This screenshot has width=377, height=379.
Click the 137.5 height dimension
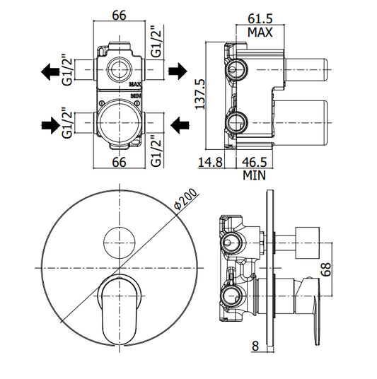(200, 94)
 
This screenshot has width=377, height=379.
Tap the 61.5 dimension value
(260, 18)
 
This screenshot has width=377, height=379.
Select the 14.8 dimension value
(210, 162)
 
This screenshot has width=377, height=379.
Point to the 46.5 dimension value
(255, 162)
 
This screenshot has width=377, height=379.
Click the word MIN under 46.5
(254, 175)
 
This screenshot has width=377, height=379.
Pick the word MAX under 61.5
(260, 32)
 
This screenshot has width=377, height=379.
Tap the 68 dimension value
(326, 269)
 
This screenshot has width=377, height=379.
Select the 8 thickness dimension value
(255, 346)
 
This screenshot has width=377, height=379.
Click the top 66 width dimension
(120, 16)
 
